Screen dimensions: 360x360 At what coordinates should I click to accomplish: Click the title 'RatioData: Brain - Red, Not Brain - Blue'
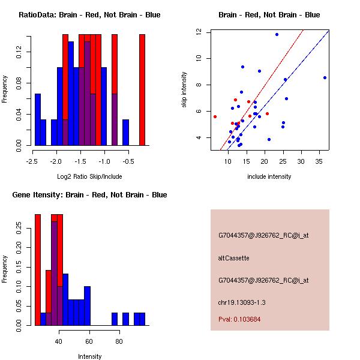tap(89, 15)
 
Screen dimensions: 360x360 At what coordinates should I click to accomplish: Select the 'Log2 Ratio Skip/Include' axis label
tap(89, 177)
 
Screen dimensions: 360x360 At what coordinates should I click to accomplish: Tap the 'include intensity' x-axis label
tap(269, 176)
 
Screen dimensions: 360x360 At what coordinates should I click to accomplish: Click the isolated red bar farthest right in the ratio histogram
tap(142, 89)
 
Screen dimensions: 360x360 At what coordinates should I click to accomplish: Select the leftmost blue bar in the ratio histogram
tap(38, 119)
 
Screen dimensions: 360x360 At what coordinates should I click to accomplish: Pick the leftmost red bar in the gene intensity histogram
tap(38, 269)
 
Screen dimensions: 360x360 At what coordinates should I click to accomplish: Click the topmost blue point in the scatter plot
tap(277, 34)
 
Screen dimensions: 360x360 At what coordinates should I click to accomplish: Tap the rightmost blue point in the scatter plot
tap(325, 77)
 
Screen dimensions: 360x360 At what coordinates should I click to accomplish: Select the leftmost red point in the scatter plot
tap(215, 116)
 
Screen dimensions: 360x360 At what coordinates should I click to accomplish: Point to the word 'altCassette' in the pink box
tap(233, 258)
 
